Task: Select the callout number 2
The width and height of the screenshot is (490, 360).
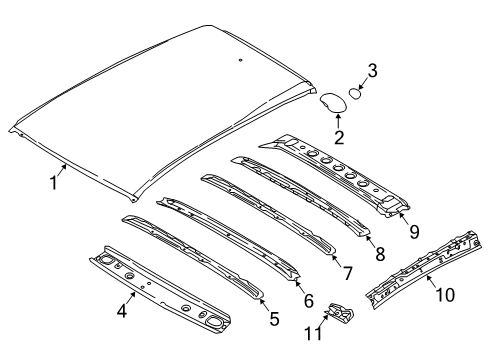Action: [x=338, y=138]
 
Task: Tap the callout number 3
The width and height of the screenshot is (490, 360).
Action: [x=372, y=70]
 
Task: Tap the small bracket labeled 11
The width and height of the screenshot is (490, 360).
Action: [x=342, y=316]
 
